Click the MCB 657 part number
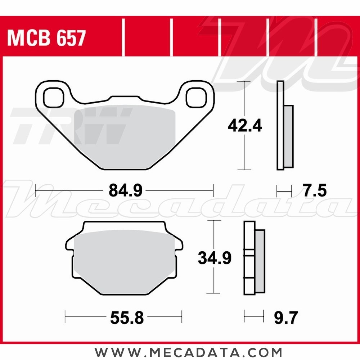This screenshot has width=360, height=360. pyautogui.click(x=46, y=38)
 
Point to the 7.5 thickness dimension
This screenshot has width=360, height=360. pyautogui.click(x=314, y=190)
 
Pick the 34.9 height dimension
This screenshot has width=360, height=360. pyautogui.click(x=215, y=258)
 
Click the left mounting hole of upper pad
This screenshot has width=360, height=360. pyautogui.click(x=53, y=96)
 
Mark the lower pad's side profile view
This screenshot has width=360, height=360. pyautogui.click(x=254, y=258)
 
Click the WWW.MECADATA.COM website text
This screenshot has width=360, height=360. pyautogui.click(x=188, y=352)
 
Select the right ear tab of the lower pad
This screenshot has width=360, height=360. pyautogui.click(x=179, y=245)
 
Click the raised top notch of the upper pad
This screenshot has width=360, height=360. pyautogui.click(x=124, y=98)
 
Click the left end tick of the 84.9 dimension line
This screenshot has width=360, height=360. pyautogui.click(x=36, y=190)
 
